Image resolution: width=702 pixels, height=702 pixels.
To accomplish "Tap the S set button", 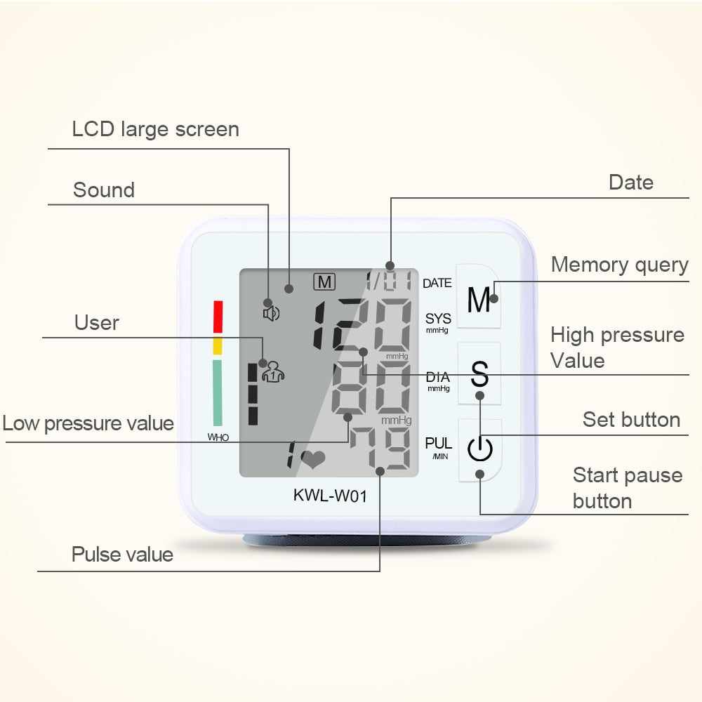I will point(479,374).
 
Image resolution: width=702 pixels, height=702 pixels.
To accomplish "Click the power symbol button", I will point(479,449).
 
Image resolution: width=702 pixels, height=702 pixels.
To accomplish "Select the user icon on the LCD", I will point(272,371).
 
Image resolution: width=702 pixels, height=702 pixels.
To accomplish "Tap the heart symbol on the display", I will point(312,460).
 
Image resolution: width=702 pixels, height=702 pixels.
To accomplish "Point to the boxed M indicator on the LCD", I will point(324,282).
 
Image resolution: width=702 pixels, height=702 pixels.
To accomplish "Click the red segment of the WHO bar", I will point(218,317).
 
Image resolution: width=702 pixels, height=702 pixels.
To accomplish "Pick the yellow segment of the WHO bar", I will point(218,345).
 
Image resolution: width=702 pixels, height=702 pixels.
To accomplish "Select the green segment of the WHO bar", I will point(218,392).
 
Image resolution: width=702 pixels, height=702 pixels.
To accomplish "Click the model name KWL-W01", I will point(330,496).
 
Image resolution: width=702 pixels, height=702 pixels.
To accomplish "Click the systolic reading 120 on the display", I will point(362,324).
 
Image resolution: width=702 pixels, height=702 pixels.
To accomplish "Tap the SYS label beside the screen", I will point(438,319).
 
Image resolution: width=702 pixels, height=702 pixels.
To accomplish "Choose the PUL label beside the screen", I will point(438,444).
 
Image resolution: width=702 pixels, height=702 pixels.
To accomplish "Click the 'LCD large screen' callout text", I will point(155,129).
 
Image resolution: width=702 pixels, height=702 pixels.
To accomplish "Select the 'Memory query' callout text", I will point(619,265).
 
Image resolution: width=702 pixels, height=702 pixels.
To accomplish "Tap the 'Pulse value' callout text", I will point(122,555).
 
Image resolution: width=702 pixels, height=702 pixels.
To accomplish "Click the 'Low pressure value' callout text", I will point(88,423).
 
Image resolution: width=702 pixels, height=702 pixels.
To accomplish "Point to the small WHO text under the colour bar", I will point(218,437).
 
